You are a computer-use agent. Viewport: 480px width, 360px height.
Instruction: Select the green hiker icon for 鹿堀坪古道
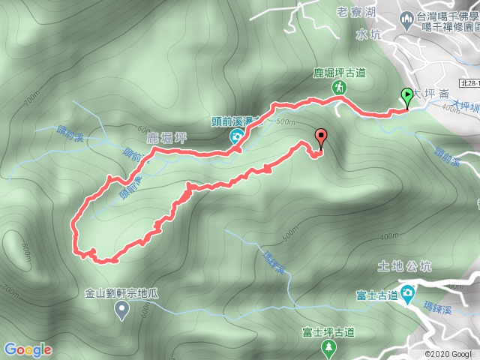(340, 88)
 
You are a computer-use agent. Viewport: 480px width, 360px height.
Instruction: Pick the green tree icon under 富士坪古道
(328, 347)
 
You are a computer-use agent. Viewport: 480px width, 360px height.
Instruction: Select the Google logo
(28, 349)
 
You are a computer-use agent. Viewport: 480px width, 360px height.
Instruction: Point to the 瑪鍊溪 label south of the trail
(275, 262)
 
